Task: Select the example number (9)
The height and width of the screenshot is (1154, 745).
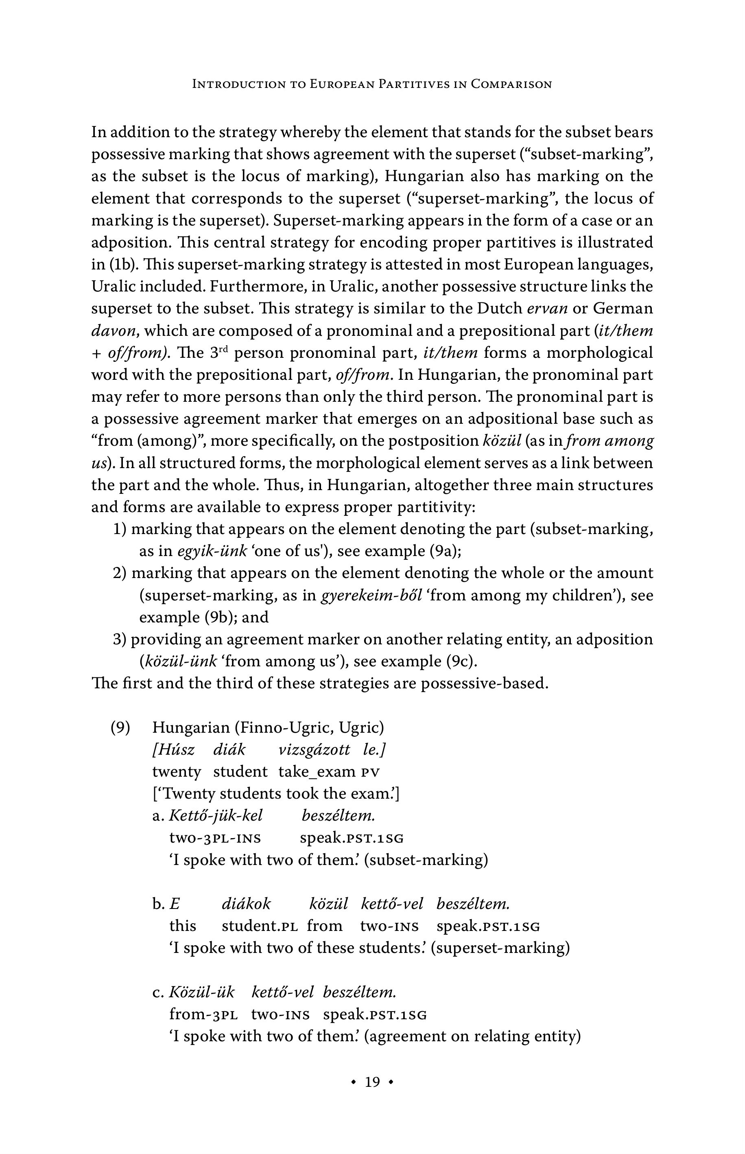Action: [120, 728]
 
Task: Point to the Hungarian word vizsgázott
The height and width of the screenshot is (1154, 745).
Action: [314, 750]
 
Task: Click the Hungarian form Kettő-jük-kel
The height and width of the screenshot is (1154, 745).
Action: [215, 816]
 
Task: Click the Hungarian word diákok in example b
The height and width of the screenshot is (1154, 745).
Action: [246, 904]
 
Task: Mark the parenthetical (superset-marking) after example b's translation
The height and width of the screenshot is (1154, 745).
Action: [500, 948]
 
